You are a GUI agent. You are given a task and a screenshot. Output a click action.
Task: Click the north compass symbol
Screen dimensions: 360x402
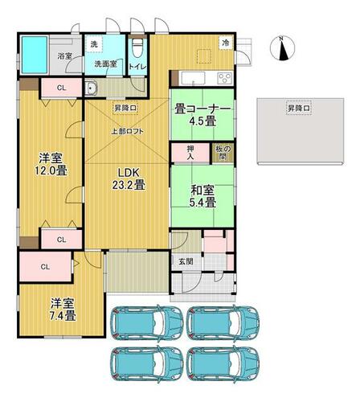282,48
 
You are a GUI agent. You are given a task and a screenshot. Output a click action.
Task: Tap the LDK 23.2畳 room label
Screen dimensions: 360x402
129,178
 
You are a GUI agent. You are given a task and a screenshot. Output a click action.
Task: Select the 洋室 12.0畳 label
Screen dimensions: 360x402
51,164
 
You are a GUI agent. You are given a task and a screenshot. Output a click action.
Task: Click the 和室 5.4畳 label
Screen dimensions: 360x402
202,196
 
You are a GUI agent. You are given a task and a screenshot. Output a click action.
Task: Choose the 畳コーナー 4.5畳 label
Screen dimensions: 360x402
202,115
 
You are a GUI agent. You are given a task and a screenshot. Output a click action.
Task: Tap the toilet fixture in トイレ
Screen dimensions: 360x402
137,48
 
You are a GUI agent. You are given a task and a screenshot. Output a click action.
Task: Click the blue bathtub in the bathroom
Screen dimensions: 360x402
35,55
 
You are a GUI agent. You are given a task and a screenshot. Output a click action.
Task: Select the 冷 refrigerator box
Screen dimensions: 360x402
226,43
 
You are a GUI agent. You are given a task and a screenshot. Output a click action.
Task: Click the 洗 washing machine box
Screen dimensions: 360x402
94,44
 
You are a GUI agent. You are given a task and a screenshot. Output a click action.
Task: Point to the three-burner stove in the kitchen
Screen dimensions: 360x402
224,78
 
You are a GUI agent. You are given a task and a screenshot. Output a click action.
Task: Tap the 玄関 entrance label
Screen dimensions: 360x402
186,261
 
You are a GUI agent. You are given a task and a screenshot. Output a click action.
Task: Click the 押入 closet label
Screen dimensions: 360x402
190,153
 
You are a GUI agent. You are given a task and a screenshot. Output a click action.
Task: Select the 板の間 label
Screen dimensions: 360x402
223,153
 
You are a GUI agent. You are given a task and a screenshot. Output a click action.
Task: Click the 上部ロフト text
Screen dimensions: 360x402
128,132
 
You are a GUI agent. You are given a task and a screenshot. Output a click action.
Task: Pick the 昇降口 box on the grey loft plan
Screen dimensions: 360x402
299,109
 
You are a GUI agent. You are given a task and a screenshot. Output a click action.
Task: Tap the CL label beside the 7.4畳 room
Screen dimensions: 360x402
45,267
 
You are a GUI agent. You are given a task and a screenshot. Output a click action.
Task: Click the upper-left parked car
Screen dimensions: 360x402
147,322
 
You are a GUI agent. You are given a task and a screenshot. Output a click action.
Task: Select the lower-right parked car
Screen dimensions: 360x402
223,363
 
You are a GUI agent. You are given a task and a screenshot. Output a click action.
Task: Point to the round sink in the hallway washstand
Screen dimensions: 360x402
92,88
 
